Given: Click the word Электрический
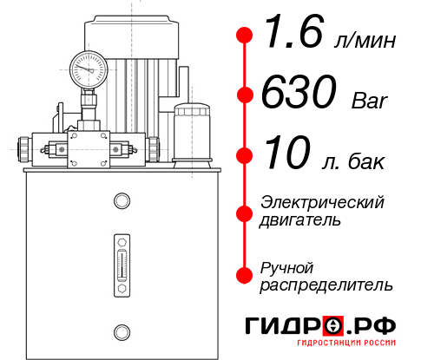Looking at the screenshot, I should click(x=322, y=202).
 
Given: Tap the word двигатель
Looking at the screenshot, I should click(x=300, y=220).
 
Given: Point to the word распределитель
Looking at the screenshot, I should click(x=326, y=285).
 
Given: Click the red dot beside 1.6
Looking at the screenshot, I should click(x=245, y=35).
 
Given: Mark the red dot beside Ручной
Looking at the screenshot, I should click(x=245, y=274).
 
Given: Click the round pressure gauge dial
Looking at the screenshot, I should click(x=89, y=68).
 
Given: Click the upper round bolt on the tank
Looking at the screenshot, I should click(x=121, y=202).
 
